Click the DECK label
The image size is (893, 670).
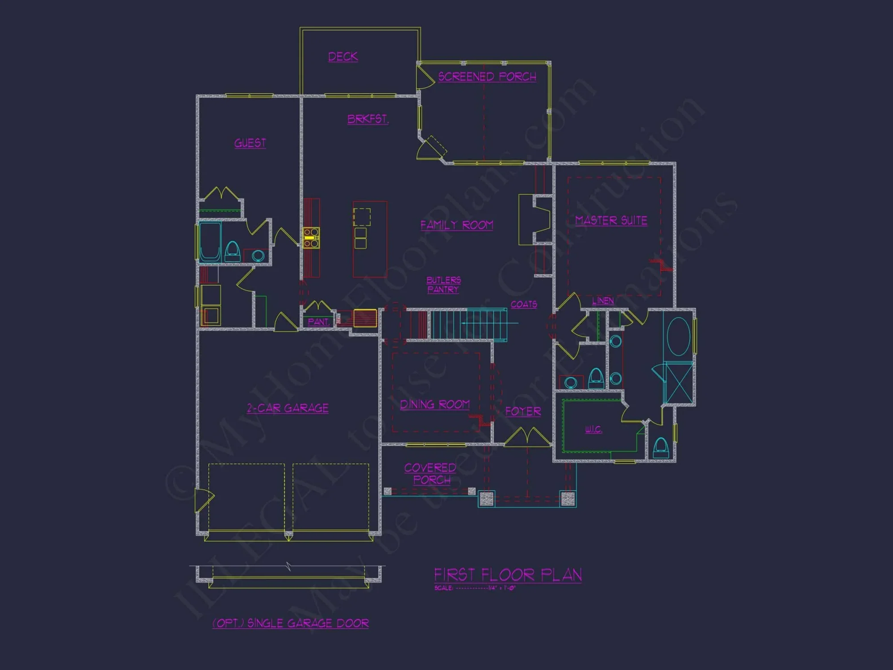(343, 57)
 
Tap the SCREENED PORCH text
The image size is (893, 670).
(487, 77)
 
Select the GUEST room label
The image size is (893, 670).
(250, 143)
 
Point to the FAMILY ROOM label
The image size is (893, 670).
(456, 225)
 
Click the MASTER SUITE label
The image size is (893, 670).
(611, 220)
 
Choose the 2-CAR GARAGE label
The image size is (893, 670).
(288, 408)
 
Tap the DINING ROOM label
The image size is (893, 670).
(434, 405)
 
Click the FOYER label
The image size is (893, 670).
(523, 411)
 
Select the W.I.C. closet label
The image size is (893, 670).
(593, 429)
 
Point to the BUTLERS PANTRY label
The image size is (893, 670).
(443, 285)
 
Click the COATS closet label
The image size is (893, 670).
(524, 304)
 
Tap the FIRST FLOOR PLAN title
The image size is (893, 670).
(508, 575)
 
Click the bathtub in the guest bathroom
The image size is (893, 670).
(210, 241)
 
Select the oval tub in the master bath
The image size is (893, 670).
(678, 336)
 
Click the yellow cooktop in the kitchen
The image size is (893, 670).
(311, 238)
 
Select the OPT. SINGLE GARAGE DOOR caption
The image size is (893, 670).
(291, 623)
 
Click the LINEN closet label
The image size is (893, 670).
(603, 301)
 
